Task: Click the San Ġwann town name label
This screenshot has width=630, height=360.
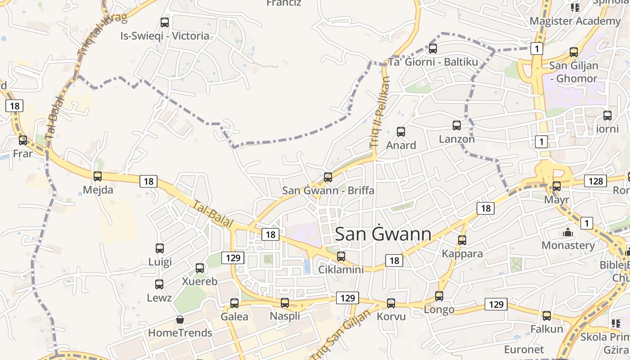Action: (383, 234)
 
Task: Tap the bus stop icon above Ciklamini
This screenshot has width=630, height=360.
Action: (341, 256)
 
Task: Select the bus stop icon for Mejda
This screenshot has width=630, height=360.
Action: (98, 176)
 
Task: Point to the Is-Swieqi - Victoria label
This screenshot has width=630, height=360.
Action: (165, 36)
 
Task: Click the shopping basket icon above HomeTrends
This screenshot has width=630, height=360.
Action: (180, 320)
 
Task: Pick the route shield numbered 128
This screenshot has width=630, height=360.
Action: (595, 181)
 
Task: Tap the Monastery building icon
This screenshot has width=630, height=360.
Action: (568, 233)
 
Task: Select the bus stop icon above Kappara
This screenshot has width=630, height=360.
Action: (462, 240)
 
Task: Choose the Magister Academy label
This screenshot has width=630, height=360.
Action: (575, 21)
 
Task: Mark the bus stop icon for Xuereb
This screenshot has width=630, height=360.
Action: (200, 268)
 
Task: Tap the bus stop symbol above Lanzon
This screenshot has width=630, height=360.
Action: (457, 126)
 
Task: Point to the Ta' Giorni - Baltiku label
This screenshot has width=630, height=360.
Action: (433, 62)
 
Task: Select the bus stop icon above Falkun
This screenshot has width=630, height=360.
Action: (547, 316)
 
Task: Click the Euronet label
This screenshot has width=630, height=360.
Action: (524, 349)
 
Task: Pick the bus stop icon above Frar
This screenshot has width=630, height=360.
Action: (23, 140)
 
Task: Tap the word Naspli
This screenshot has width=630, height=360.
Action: (285, 316)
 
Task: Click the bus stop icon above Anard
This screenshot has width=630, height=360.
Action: (401, 132)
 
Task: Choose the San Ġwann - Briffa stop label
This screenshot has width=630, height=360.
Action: (328, 190)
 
